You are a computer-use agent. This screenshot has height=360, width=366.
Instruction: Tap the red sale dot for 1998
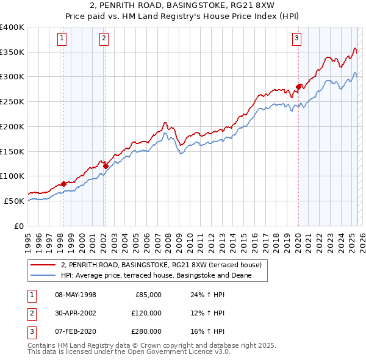coord(63,184)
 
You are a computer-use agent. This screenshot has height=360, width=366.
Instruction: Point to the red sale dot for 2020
coord(298,87)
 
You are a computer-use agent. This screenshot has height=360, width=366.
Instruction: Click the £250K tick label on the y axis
coord(12,102)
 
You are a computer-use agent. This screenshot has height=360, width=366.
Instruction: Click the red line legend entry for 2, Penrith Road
coord(161,265)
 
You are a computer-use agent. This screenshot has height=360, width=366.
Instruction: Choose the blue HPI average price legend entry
coord(164,275)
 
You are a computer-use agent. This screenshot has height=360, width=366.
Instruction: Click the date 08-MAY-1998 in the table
coord(75,295)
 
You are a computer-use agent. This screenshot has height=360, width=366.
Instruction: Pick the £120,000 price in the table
coord(146,313)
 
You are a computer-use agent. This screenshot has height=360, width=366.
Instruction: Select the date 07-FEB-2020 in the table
coord(75,331)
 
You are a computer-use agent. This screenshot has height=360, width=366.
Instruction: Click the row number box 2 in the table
coord(31,313)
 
